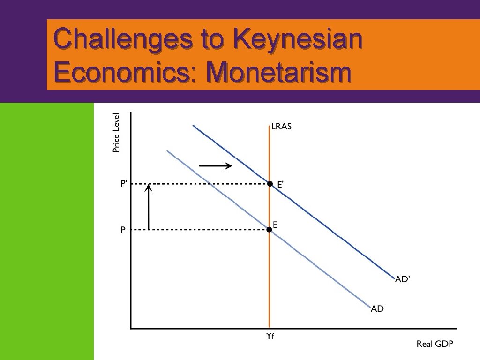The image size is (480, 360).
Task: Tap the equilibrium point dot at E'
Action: coord(270,184)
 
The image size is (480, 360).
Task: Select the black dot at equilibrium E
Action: coord(269,230)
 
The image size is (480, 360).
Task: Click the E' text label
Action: coord(280,185)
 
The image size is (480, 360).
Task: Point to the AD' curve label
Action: coord(403,279)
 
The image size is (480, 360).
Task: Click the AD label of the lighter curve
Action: coord(377,308)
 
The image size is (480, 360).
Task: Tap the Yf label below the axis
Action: coord(270,336)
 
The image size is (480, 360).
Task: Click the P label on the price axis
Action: coord(122,230)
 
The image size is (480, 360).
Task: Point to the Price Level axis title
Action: coord(116,133)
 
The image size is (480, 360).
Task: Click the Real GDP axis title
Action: coord(435,345)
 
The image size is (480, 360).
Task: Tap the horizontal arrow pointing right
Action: coord(216,165)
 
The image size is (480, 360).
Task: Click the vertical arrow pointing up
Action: coord(149,207)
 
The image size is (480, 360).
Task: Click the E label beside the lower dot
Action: coord(275,225)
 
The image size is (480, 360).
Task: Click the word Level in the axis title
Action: coord(116,123)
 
